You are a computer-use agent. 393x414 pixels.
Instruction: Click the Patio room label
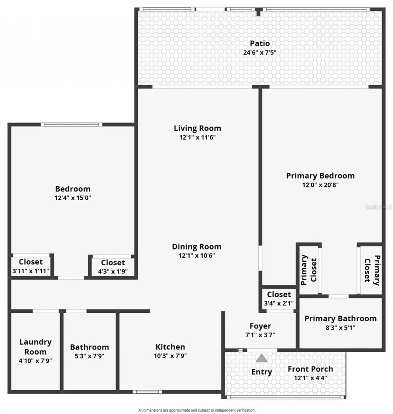coord(260,43)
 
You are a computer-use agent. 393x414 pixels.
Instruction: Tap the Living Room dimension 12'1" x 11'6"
coord(197,137)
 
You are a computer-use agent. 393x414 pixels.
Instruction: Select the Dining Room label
coord(196,246)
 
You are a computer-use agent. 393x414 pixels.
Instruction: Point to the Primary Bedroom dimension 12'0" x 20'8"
coord(320,185)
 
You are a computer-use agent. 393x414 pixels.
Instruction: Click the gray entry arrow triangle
coord(262,358)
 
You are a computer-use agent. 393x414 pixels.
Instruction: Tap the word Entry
coord(262,371)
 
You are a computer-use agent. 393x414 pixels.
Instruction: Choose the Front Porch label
coord(310,369)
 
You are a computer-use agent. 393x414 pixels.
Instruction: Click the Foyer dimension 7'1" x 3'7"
coord(260,335)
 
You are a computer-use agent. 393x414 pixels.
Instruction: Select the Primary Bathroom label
coord(340,319)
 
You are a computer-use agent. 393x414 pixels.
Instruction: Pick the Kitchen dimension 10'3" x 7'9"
coord(170,355)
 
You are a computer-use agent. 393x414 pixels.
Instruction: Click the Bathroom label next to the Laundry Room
coord(89,347)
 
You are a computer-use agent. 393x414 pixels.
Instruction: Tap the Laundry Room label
coord(35,347)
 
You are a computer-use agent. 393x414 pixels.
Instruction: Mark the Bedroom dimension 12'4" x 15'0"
coord(73,198)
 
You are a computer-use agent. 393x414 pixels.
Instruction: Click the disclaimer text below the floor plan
coord(196,410)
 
